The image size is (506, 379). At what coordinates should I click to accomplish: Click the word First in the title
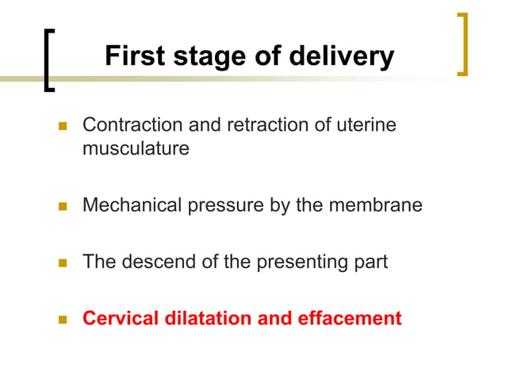click(x=135, y=56)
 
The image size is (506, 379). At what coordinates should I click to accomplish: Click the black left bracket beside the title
click(x=49, y=61)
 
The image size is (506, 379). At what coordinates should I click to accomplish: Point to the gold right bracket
click(x=463, y=44)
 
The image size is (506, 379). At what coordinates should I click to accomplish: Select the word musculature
click(x=136, y=148)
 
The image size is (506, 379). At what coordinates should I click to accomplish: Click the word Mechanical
click(x=131, y=205)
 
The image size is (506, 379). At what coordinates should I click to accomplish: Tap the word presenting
click(x=297, y=262)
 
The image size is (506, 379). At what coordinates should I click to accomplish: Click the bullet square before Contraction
click(x=63, y=126)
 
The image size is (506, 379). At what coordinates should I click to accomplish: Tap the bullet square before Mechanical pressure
click(x=63, y=206)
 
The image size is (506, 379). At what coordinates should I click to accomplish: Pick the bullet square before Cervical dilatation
click(x=63, y=320)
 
